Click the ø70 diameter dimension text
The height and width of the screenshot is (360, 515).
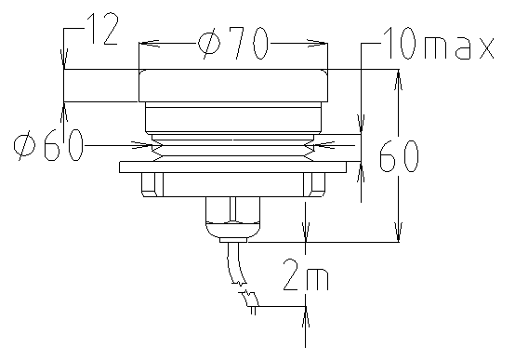click(232, 43)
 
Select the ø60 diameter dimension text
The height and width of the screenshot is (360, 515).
click(48, 145)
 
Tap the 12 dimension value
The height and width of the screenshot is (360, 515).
click(103, 29)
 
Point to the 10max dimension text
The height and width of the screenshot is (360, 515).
click(439, 43)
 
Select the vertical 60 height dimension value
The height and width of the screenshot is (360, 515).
click(399, 156)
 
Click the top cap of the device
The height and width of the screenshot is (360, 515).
click(233, 86)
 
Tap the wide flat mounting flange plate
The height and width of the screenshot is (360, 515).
click(233, 167)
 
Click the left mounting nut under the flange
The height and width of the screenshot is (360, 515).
click(152, 185)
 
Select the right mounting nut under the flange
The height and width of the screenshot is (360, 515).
click(314, 185)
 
